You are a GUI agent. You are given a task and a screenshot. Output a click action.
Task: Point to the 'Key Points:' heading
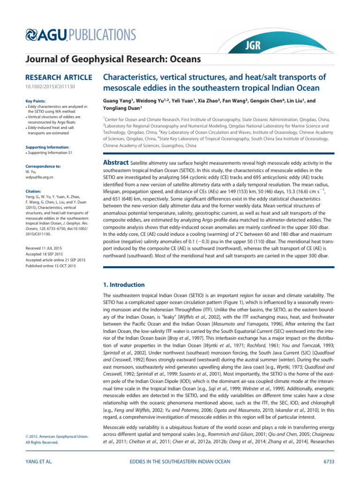(x=36, y=100)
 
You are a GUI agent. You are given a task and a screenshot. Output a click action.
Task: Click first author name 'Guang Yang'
(x=118, y=100)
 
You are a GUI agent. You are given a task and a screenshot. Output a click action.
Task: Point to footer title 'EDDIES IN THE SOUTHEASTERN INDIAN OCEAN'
(x=180, y=462)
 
